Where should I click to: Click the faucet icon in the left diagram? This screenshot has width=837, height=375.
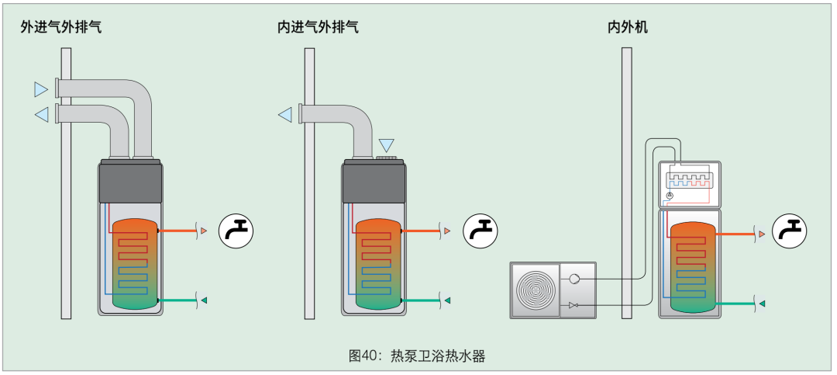click(236, 231)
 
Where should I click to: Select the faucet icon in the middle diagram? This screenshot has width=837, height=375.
click(480, 231)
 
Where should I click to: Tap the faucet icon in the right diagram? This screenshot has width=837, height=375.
click(790, 231)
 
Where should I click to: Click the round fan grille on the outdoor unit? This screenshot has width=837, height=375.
click(534, 290)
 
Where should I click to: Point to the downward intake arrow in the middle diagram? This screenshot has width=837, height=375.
click(386, 145)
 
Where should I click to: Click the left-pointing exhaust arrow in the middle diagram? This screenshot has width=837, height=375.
click(285, 114)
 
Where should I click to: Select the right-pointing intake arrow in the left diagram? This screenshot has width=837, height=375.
click(41, 89)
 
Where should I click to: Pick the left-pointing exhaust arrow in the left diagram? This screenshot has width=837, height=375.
click(41, 114)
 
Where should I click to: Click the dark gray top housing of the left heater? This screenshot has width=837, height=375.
click(130, 183)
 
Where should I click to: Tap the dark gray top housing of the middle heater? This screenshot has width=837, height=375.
click(374, 183)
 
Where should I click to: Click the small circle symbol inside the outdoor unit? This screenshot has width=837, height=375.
click(574, 279)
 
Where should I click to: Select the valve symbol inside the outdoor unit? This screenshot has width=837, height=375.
click(574, 305)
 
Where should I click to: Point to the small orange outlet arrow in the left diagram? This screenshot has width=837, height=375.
click(203, 231)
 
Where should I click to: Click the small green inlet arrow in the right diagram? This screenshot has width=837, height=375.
click(762, 304)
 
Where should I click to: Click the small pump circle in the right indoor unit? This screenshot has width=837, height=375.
click(670, 196)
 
